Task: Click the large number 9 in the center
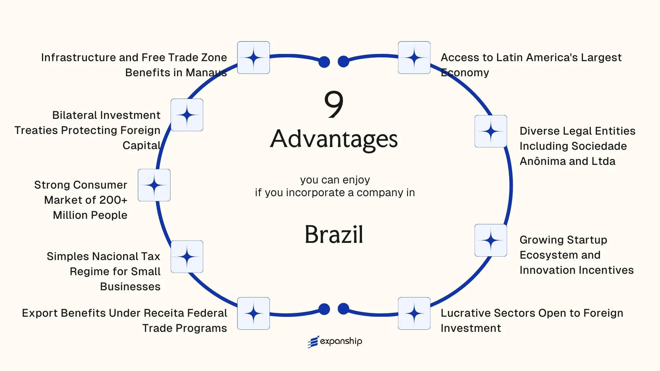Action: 333,104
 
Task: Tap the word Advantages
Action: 334,139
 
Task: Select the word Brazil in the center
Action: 334,235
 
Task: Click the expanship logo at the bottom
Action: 335,341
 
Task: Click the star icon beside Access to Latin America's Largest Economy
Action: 414,57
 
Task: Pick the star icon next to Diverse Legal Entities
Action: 491,131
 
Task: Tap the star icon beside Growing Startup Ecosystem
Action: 491,240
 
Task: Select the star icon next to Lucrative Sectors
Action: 414,313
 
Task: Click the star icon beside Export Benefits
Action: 253,313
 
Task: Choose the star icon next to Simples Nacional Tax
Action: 187,257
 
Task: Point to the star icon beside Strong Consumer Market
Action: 154,185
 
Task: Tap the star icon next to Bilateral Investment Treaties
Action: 187,115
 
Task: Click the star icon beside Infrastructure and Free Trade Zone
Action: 253,57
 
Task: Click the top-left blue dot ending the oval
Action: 324,62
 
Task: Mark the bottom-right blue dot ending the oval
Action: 343,309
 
